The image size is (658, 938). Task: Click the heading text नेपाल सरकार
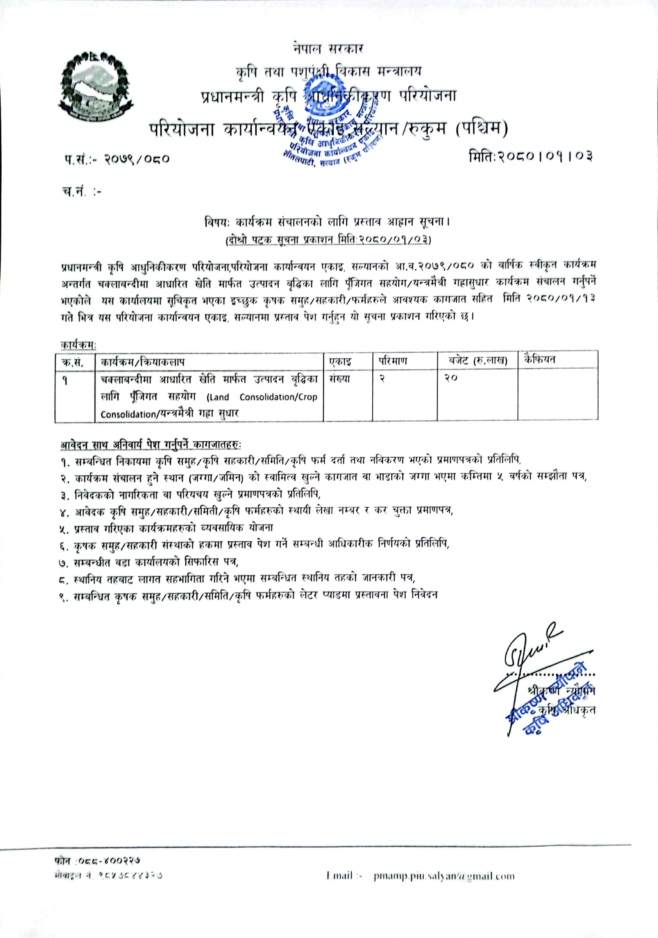click(x=328, y=49)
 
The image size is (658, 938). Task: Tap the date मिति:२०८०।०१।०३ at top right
click(x=530, y=156)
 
